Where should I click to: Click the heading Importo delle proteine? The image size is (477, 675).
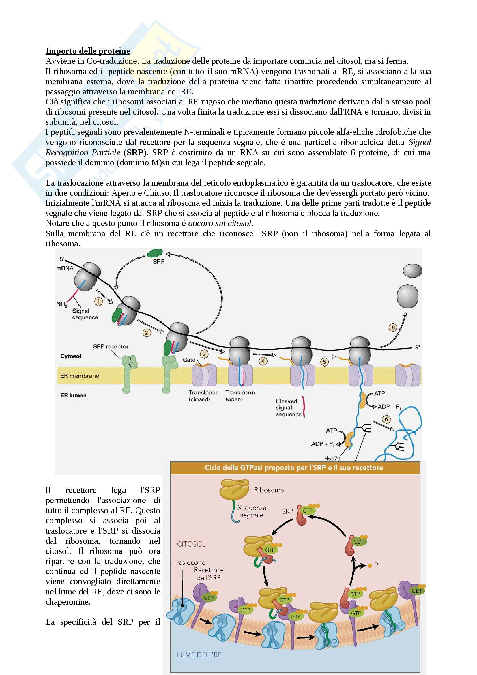coord(88,51)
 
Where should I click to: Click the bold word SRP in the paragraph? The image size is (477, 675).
coord(135,153)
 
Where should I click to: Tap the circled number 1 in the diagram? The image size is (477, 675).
coord(98,301)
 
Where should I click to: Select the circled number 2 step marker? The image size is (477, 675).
coord(147,333)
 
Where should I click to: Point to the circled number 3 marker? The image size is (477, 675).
coord(204,354)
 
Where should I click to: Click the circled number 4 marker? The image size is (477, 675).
coord(263,361)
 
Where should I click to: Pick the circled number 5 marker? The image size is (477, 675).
coord(324,362)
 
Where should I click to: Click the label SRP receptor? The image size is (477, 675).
coord(111,347)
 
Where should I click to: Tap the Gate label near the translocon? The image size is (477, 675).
coord(189,360)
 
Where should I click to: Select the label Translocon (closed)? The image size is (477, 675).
coord(203,396)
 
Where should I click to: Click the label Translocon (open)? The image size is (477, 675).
coord(240,396)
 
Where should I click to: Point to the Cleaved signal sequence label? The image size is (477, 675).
coord(288,407)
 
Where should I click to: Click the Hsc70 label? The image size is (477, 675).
coord(332,458)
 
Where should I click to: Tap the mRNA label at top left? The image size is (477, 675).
coord(65,268)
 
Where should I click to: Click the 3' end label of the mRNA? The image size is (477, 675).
coord(417,347)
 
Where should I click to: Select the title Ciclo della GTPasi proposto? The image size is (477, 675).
coord(293,468)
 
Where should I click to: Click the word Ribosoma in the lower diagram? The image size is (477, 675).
coord(269,490)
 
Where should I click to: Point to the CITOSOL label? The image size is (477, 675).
coord(191,544)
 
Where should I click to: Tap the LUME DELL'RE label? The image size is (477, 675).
coord(199,655)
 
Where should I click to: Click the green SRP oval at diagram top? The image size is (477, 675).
coord(155,253)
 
